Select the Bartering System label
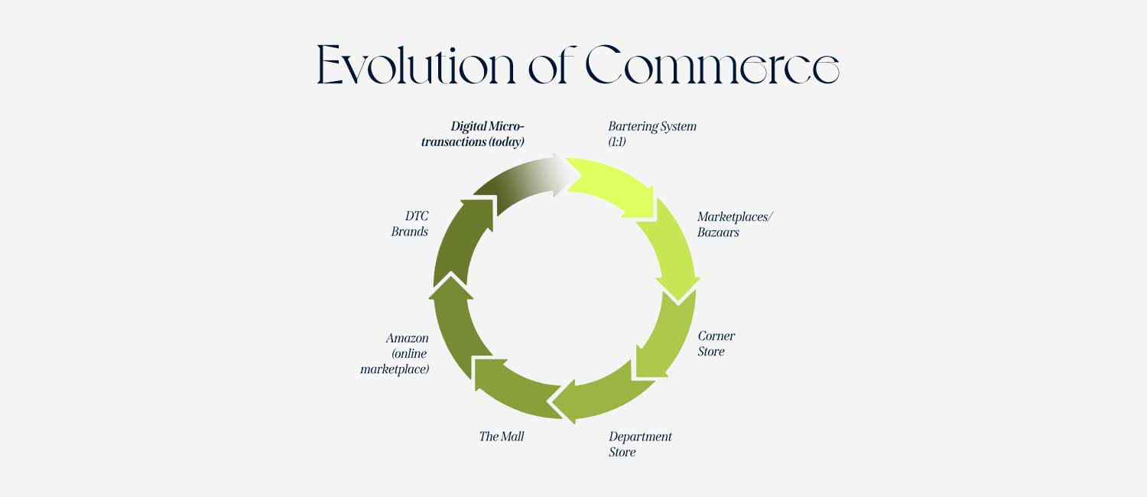coord(652,126)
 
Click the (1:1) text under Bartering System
coord(617,142)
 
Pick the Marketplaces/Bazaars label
coord(735,224)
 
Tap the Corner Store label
coord(716,344)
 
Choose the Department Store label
coord(640,444)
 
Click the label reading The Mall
coord(502,437)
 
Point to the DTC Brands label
coord(410,224)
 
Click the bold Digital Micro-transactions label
coord(476,134)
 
